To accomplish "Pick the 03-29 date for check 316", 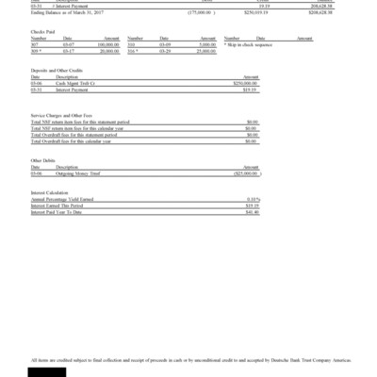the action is (165, 50).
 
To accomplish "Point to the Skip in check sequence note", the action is (251, 43).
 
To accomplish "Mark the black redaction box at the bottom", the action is (48, 370).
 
